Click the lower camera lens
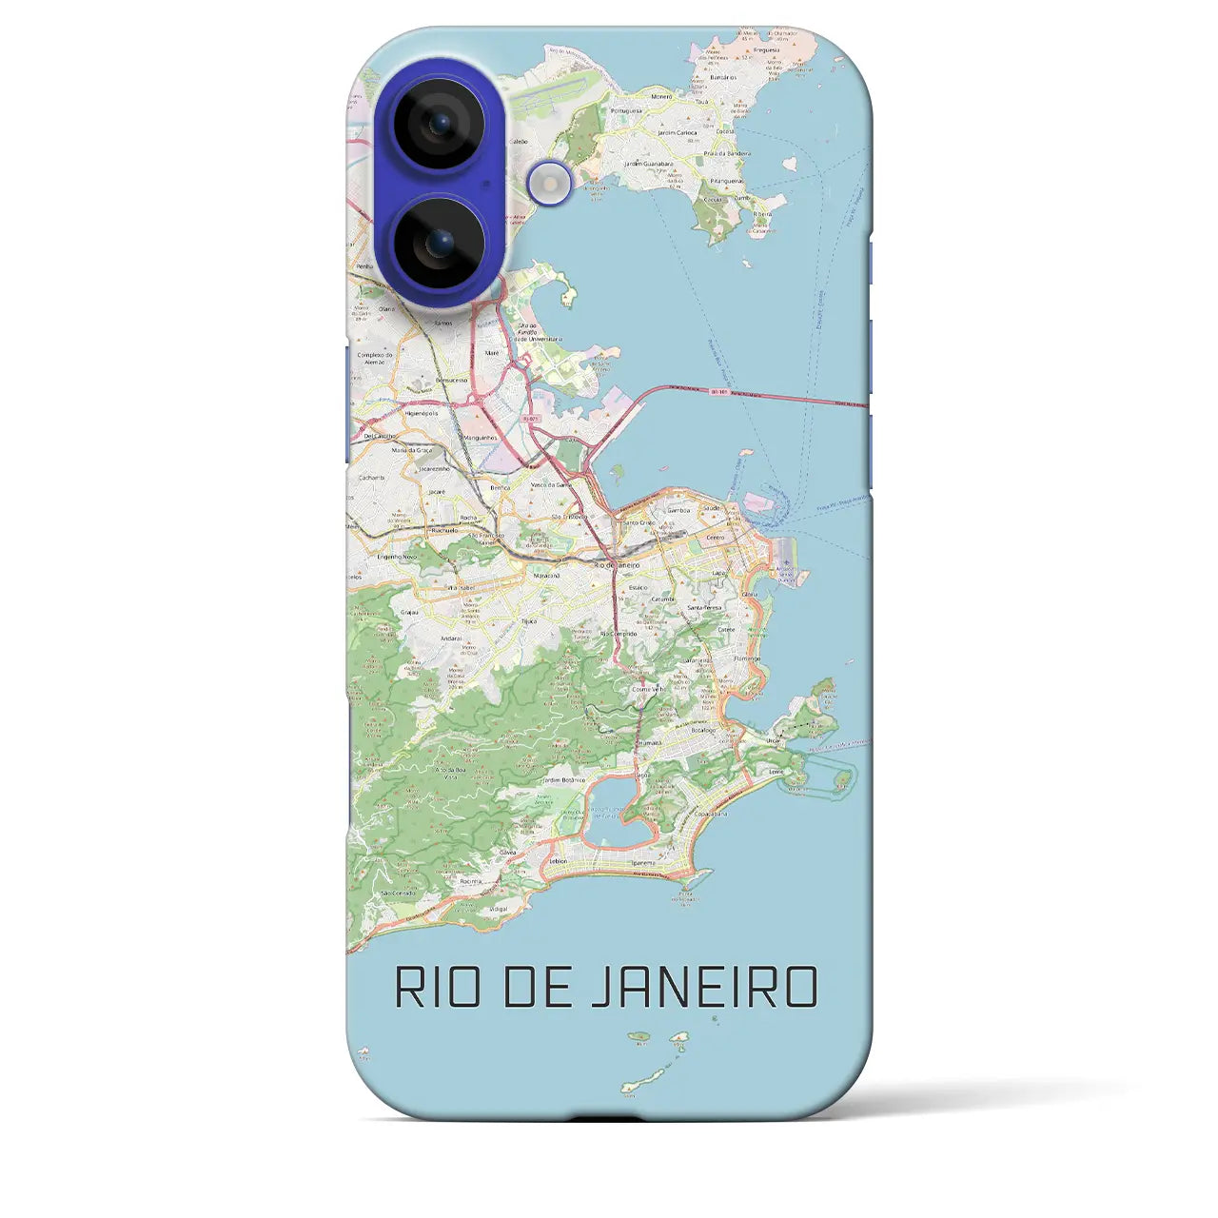pos(439,243)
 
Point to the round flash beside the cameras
pos(550,181)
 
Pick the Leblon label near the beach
pos(558,861)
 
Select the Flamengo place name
pos(747,658)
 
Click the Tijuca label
pos(529,620)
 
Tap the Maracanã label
pos(546,576)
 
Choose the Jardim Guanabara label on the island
pos(647,164)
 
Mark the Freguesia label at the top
pos(766,49)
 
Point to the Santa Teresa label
pos(705,606)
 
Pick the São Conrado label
pos(398,894)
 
